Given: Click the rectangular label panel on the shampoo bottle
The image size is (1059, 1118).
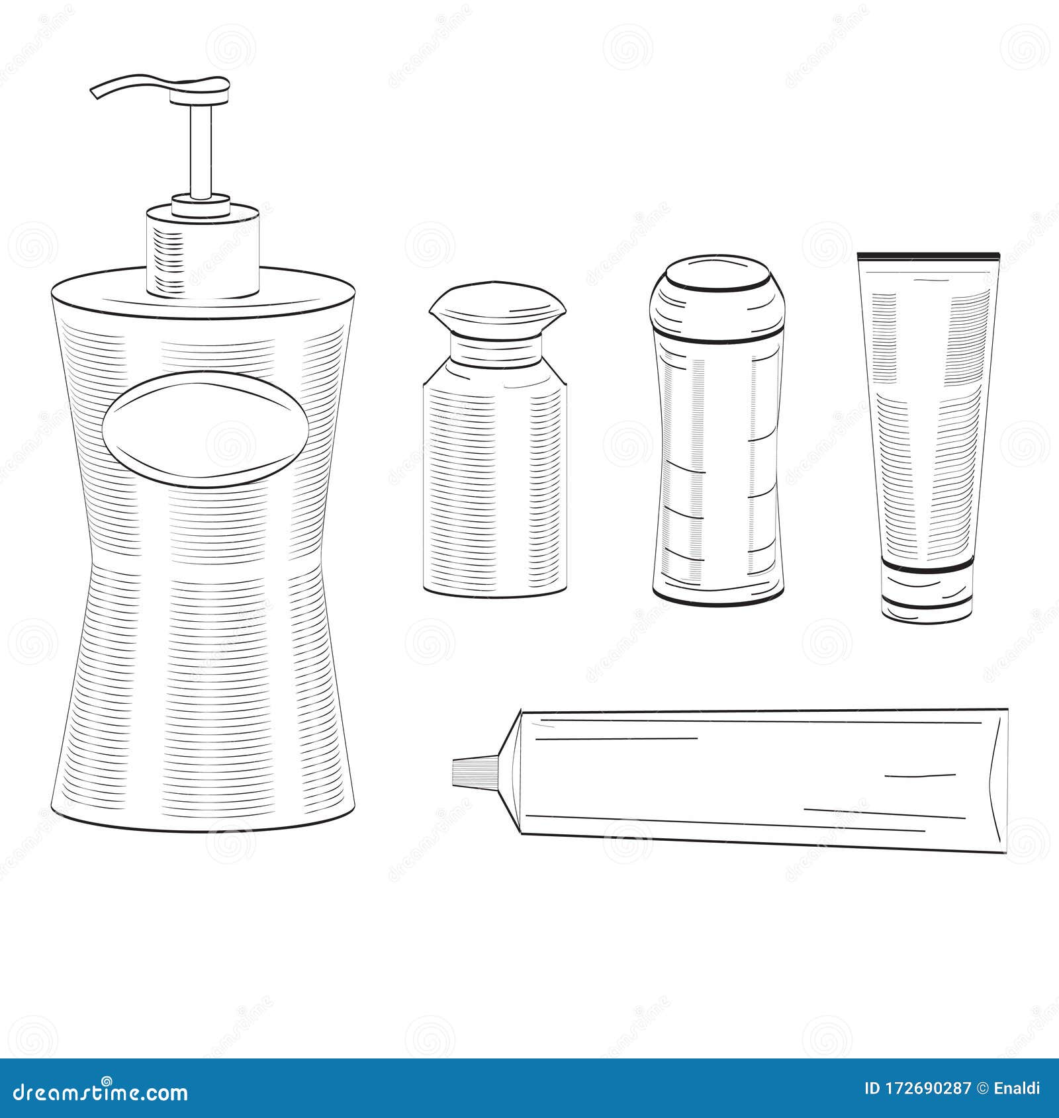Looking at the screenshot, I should [x=718, y=463].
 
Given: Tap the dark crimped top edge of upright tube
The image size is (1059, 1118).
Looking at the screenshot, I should [x=928, y=255].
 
